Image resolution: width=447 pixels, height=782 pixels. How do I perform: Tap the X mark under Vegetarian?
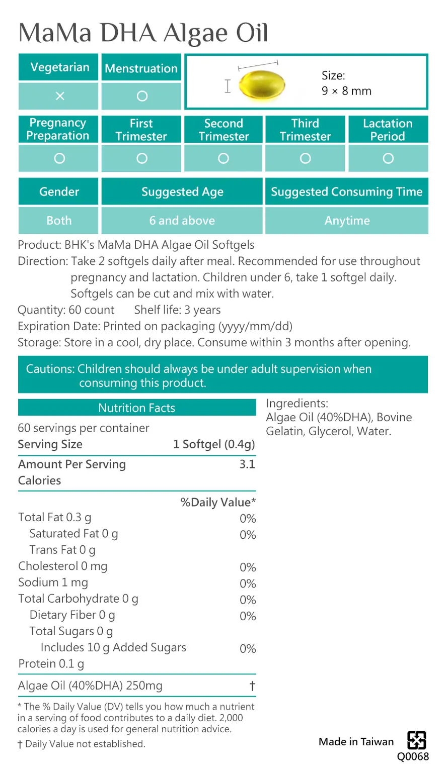click(x=59, y=96)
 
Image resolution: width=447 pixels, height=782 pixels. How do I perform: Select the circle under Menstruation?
click(x=142, y=96)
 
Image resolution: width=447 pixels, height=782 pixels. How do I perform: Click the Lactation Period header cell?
click(x=388, y=130)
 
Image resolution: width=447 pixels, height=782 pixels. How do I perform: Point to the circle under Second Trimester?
click(x=223, y=158)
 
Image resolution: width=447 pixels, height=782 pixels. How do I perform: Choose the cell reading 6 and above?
click(x=182, y=221)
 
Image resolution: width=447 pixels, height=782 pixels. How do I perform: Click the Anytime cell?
click(x=347, y=221)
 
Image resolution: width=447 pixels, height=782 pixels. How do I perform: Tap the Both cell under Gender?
click(x=59, y=221)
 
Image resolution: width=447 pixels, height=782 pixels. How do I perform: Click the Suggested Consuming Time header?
click(x=346, y=191)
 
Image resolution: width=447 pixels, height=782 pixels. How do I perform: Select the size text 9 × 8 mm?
click(x=346, y=91)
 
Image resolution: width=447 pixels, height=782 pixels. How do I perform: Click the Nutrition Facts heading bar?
click(x=137, y=408)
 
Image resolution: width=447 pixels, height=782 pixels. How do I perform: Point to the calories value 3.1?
click(x=247, y=464)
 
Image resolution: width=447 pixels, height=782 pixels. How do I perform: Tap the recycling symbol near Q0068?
click(x=417, y=740)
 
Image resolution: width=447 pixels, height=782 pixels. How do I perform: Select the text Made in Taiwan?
click(x=356, y=742)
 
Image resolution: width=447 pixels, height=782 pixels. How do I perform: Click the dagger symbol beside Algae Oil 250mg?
click(x=252, y=686)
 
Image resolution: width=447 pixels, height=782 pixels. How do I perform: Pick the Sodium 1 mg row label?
click(x=53, y=582)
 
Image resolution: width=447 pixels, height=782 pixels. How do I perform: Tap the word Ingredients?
click(x=297, y=403)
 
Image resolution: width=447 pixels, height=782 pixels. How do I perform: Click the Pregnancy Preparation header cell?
click(x=58, y=129)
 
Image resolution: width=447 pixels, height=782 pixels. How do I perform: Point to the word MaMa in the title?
click(x=55, y=33)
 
